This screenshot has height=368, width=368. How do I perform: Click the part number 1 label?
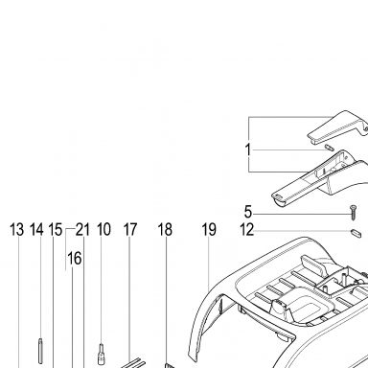click(x=248, y=149)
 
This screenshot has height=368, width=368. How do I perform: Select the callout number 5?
click(x=248, y=212)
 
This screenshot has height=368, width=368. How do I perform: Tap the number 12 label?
click(x=247, y=230)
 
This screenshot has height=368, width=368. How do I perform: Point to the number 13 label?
click(x=17, y=230)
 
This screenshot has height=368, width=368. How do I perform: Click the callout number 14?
click(x=36, y=230)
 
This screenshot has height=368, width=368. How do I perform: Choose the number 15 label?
click(x=56, y=230)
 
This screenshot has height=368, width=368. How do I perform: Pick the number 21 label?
click(x=82, y=230)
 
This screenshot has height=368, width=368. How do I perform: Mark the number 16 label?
click(x=75, y=258)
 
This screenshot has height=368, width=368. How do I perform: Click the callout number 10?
click(x=103, y=230)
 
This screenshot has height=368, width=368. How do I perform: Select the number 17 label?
click(x=130, y=230)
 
